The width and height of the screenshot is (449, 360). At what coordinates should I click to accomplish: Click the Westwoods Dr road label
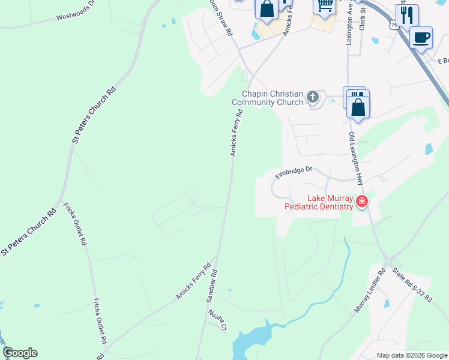[76, 11]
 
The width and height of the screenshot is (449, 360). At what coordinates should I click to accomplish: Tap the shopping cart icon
[325, 5]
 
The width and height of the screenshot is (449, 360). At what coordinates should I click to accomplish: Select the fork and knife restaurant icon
[408, 14]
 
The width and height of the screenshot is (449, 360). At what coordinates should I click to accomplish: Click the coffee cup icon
[421, 38]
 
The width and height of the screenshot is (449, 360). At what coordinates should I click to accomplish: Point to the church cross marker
[312, 97]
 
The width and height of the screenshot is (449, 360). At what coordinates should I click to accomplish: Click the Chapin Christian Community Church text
[272, 98]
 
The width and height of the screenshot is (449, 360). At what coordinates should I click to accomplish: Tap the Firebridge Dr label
[294, 172]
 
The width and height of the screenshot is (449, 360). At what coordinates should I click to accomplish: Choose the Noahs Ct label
[217, 319]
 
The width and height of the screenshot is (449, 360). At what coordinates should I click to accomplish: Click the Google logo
[20, 353]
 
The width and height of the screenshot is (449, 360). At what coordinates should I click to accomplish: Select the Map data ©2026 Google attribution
[412, 355]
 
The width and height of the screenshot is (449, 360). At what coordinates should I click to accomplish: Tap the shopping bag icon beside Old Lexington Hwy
[358, 107]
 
